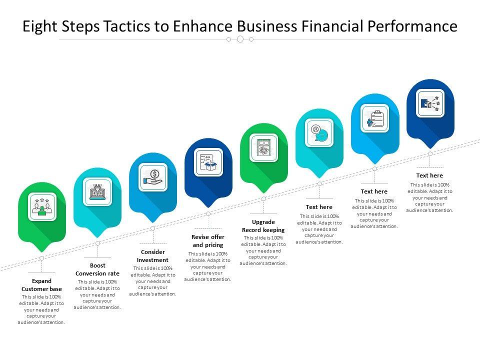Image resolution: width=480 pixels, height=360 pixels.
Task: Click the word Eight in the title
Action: pyautogui.click(x=39, y=26)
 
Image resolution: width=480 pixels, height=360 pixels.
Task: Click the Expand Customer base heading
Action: pyautogui.click(x=42, y=285)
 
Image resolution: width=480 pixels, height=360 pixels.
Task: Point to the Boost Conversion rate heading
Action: pyautogui.click(x=97, y=269)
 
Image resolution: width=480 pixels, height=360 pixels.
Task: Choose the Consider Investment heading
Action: pyautogui.click(x=152, y=256)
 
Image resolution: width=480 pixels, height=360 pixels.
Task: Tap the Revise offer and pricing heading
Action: pyautogui.click(x=208, y=240)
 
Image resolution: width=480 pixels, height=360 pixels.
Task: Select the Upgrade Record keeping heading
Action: pyautogui.click(x=263, y=226)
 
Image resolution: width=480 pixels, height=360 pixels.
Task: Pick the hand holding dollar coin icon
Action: pyautogui.click(x=152, y=177)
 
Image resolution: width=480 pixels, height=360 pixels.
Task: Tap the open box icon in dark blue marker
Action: pyautogui.click(x=208, y=162)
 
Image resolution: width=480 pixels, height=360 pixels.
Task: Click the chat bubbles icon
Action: pyautogui.click(x=319, y=132)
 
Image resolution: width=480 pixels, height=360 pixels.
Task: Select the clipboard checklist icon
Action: pyautogui.click(x=375, y=118)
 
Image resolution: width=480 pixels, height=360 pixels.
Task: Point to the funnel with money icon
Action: pyautogui.click(x=97, y=191)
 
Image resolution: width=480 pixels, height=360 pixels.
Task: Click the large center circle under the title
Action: pyautogui.click(x=240, y=39)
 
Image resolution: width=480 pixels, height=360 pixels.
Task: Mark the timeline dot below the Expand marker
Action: pyautogui.click(x=42, y=258)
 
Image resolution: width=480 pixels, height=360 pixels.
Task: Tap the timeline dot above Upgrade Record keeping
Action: pyautogui.click(x=263, y=199)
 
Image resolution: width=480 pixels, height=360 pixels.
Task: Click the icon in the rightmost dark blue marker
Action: pyautogui.click(x=430, y=103)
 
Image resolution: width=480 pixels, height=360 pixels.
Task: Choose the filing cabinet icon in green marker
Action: pyautogui.click(x=263, y=147)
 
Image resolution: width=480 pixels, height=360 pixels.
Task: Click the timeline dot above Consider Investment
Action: pyautogui.click(x=152, y=228)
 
